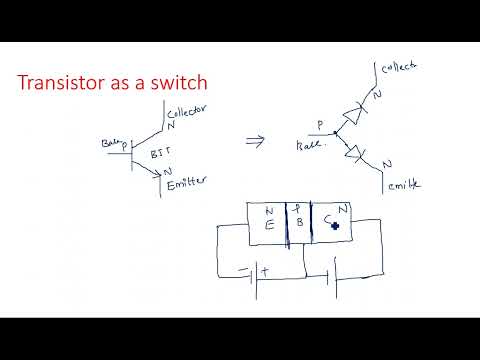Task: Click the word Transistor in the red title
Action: [x=62, y=83]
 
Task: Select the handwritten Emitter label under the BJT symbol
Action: [x=187, y=181]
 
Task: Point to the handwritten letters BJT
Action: [x=161, y=155]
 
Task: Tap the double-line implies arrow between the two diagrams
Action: [x=255, y=141]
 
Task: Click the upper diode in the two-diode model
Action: [x=350, y=116]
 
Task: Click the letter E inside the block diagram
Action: [x=269, y=225]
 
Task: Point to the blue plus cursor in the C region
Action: [x=334, y=227]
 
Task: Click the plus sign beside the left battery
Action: [x=265, y=270]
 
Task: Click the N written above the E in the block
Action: [x=270, y=211]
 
